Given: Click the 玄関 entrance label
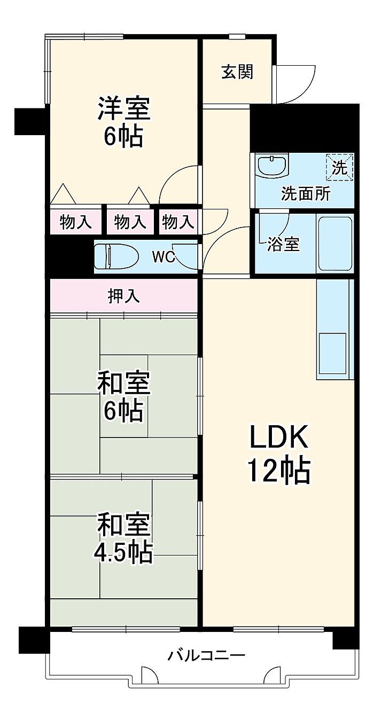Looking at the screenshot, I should click(237, 72).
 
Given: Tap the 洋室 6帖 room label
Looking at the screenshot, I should click(123, 122).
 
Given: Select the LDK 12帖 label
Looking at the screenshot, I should click(278, 455).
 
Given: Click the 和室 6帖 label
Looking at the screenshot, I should click(123, 397).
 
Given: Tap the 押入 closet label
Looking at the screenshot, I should click(124, 296).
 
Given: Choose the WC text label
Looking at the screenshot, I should click(163, 257).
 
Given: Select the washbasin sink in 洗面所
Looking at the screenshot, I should click(272, 165).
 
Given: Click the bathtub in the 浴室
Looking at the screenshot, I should click(336, 243).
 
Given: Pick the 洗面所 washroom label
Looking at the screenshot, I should click(306, 194).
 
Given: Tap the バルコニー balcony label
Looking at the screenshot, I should click(207, 655).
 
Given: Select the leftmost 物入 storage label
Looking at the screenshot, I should click(75, 222).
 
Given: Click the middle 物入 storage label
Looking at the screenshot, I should click(130, 222).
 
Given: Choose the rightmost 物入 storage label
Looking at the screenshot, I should click(178, 222).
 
